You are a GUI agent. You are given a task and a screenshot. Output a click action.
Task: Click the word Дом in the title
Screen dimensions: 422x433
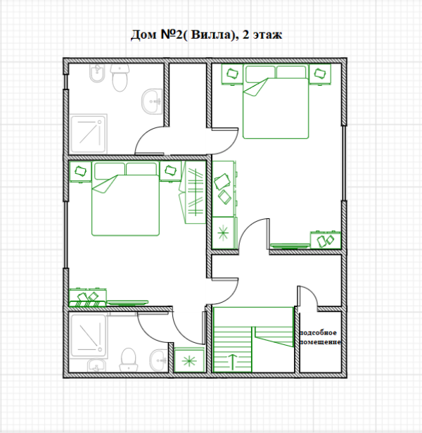coord(143,34)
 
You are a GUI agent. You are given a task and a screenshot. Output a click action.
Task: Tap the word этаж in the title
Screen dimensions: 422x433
coord(267,35)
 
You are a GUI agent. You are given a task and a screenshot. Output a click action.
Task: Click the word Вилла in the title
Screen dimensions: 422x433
coord(211,34)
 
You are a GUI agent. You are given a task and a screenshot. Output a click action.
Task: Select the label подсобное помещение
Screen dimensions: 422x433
coord(320,337)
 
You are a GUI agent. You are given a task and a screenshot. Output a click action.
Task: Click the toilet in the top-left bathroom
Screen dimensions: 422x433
coord(120,77)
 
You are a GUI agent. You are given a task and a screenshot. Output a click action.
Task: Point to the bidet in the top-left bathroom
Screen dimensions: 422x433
coord(97,73)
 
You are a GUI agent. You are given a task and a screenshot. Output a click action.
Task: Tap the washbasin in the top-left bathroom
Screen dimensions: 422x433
coord(152,101)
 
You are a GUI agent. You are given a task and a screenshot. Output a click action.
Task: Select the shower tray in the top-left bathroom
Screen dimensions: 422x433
coord(88,134)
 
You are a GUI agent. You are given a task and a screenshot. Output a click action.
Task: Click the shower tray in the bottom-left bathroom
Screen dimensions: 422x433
coord(88,335)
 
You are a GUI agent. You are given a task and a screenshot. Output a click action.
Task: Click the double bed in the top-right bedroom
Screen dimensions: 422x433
coord(276,101)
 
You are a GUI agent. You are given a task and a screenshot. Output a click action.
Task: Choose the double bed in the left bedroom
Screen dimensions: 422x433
coord(125,199)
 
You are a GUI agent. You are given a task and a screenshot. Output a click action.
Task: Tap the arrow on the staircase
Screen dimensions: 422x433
coord(233,362)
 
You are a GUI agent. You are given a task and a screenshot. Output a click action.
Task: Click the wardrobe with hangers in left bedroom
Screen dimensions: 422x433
coord(193,192)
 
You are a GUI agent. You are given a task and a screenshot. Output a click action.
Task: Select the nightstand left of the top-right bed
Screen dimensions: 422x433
coord(232,74)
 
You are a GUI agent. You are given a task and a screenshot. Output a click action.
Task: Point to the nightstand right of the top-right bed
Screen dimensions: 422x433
coord(320,74)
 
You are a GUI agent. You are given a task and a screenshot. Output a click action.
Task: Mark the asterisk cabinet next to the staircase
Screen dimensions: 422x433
coord(189,360)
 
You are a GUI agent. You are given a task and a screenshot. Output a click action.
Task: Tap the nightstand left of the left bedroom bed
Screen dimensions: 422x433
coord(80,172)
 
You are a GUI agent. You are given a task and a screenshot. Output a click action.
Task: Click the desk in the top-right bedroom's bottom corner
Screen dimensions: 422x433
coord(326,240)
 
